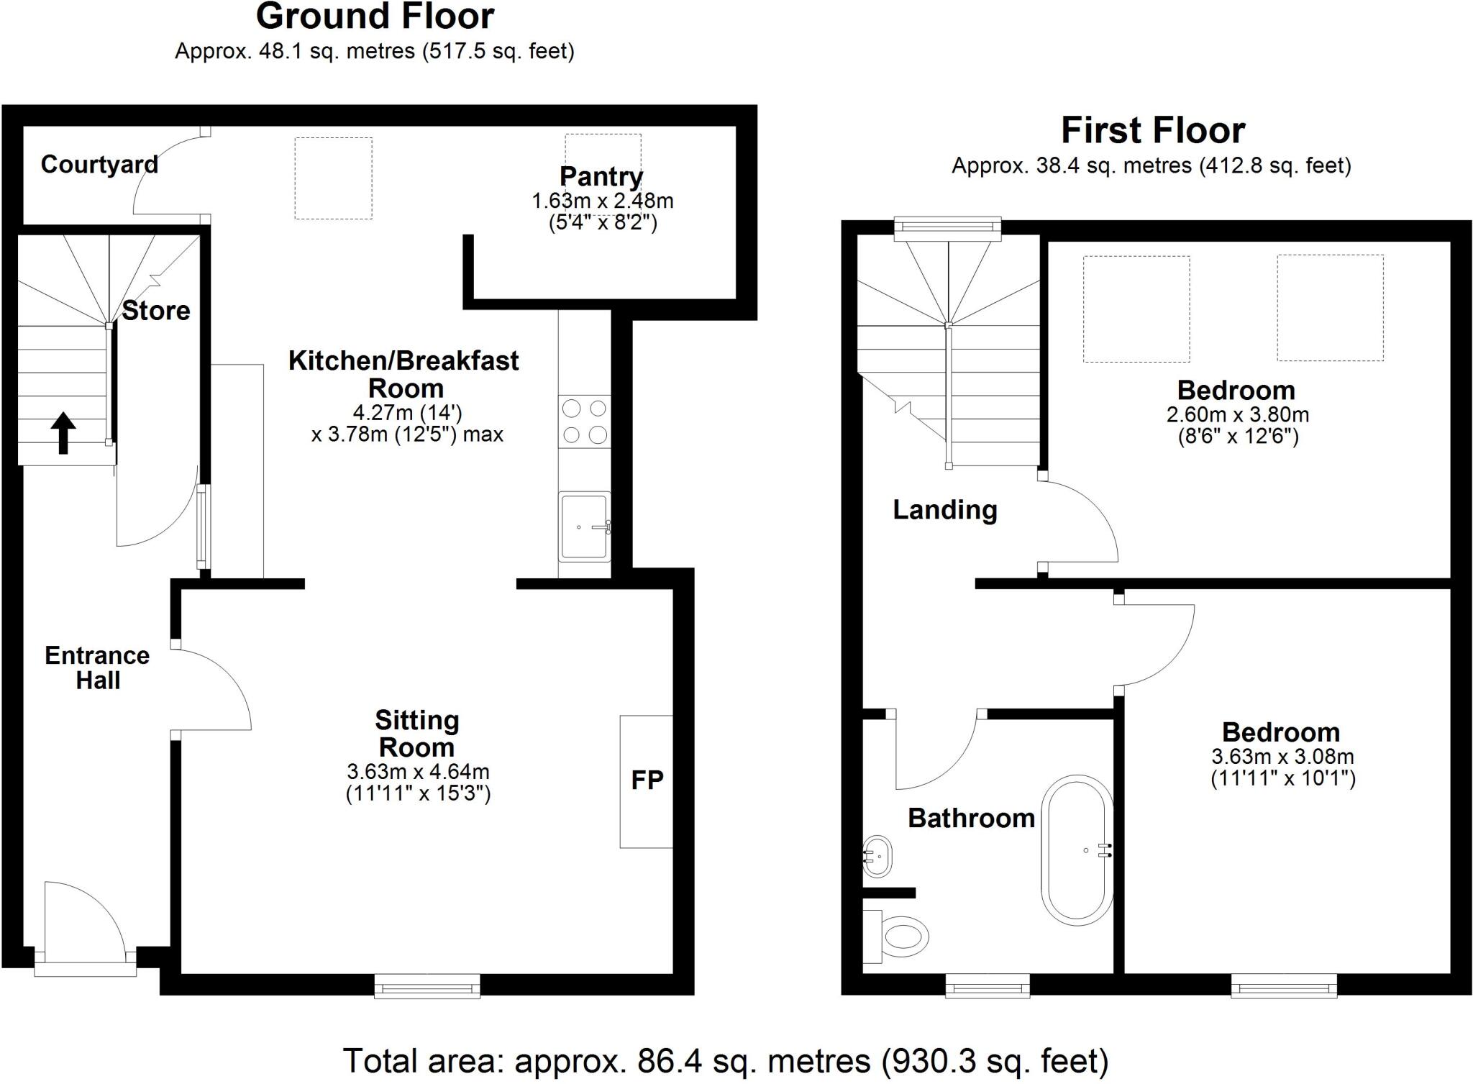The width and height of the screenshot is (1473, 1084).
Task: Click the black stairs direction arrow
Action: (63, 432)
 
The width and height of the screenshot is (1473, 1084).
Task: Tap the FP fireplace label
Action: (647, 780)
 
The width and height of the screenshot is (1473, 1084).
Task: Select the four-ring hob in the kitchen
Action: (584, 422)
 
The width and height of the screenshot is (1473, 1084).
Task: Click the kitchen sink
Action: (584, 526)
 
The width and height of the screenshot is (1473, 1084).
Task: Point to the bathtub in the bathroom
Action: (1077, 850)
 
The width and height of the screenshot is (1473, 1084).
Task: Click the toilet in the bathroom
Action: (899, 936)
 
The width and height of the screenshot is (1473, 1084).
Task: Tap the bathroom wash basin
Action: (877, 856)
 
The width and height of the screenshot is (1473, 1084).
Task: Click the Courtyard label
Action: (99, 165)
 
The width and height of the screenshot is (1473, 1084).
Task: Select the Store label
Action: (156, 311)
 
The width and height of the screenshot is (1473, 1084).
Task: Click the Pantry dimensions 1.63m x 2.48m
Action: (602, 201)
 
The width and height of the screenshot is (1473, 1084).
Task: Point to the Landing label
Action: (945, 510)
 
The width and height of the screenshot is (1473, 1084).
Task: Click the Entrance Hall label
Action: (97, 668)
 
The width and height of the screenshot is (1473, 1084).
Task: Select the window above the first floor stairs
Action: (947, 227)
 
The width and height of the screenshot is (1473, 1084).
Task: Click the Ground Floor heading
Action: (375, 17)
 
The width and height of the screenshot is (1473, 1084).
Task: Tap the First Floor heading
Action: (1152, 131)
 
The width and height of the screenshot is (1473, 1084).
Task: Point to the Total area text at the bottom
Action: (725, 1060)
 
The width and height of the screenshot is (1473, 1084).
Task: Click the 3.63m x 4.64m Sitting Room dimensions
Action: (418, 772)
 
